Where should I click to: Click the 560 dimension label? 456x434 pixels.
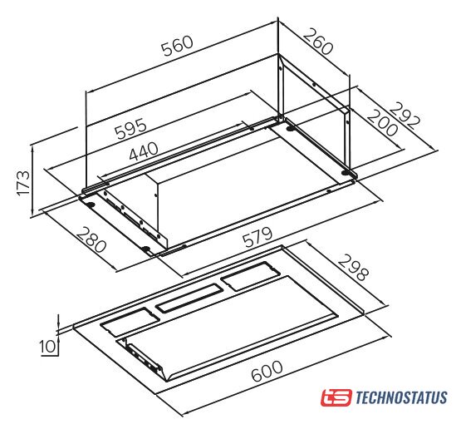click(178, 46)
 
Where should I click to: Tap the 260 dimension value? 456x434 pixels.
click(318, 42)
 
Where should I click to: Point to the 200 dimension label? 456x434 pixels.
click(382, 123)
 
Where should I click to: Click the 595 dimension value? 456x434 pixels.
click(131, 128)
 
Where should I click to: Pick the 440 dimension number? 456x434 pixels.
click(144, 151)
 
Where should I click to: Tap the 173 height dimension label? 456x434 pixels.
click(23, 184)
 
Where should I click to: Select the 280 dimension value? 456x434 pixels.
click(91, 239)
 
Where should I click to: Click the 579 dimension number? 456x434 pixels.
click(257, 237)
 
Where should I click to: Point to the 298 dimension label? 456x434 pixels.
click(353, 267)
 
